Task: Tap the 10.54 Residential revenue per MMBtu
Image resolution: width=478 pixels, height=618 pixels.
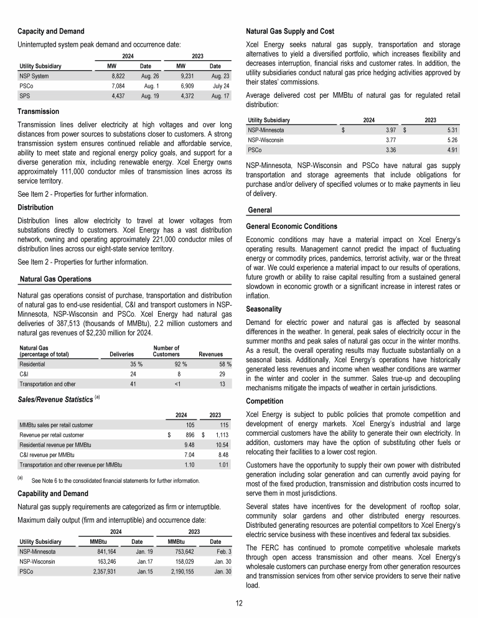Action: (217, 445)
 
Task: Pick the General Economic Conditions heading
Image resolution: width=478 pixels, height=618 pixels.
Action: (292, 226)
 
